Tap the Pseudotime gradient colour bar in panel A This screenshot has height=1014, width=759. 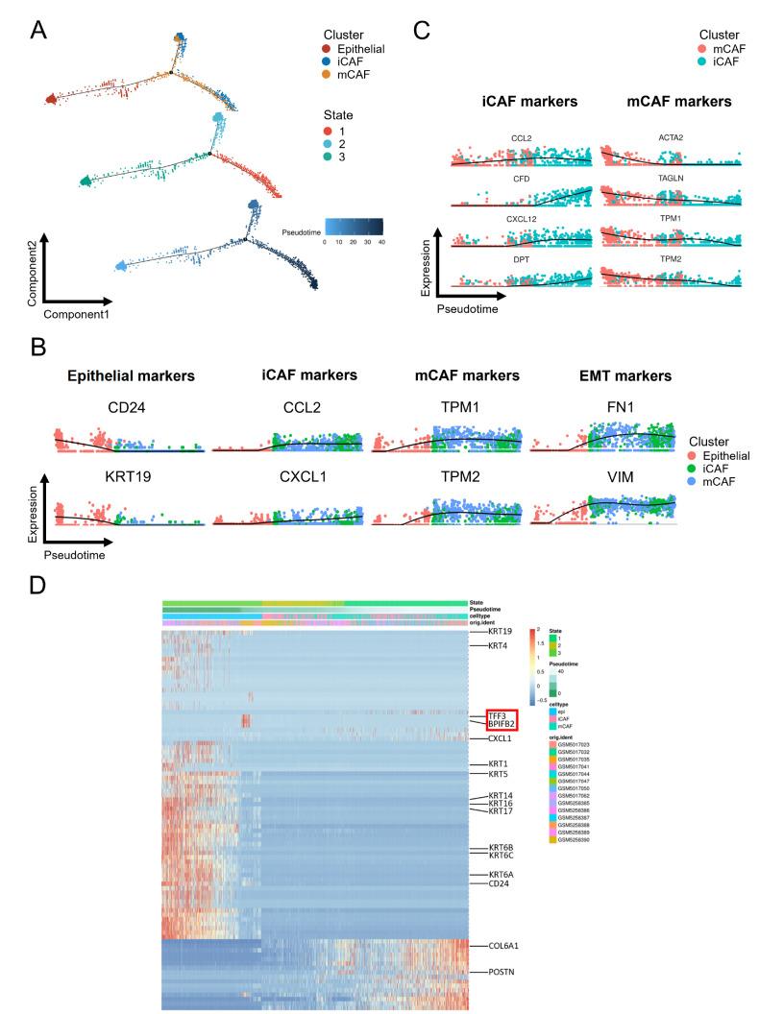click(354, 226)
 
